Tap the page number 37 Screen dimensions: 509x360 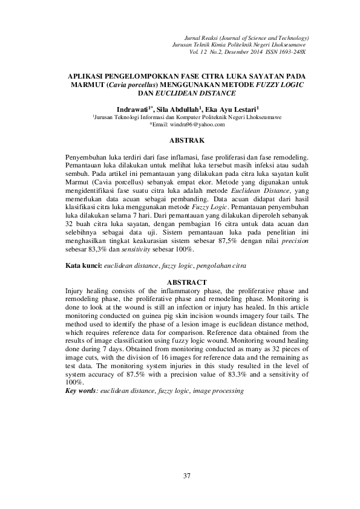(x=187, y=477)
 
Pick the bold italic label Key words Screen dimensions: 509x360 (x=81, y=391)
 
